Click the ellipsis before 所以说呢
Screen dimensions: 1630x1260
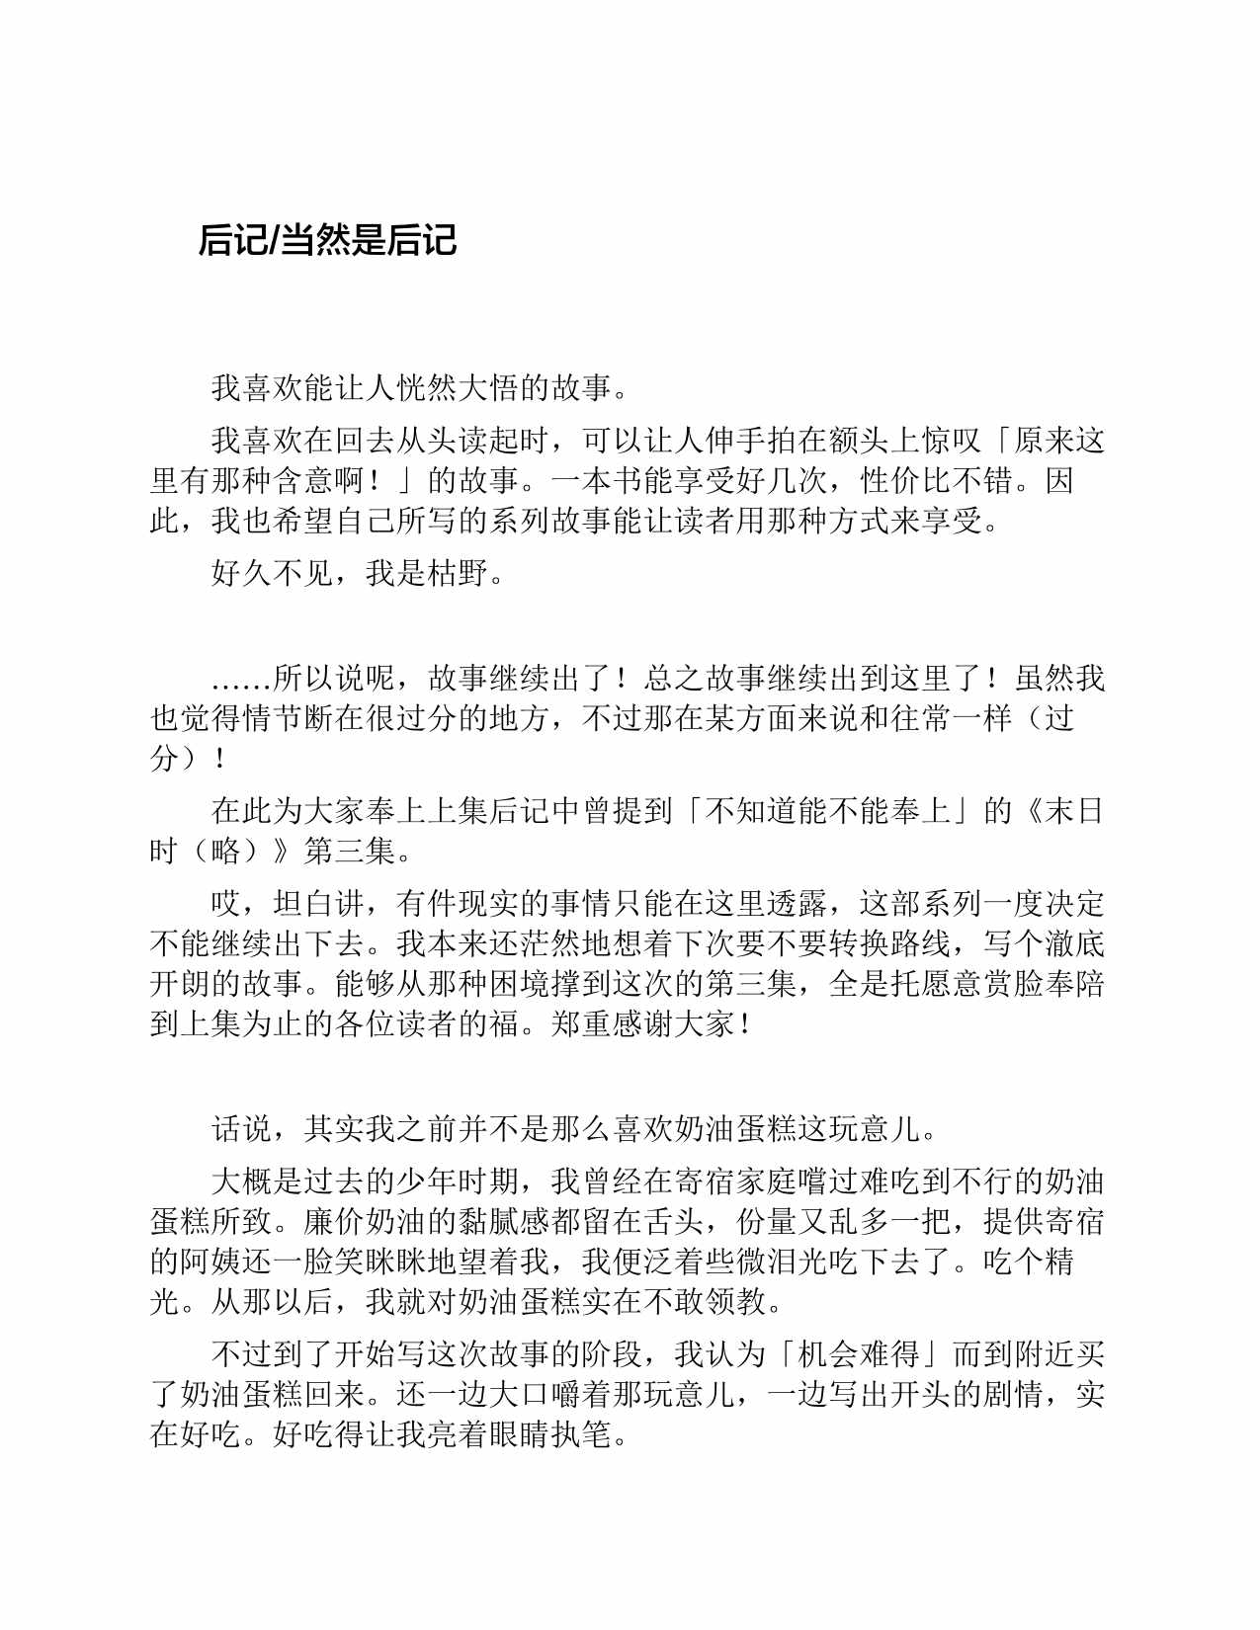pyautogui.click(x=241, y=679)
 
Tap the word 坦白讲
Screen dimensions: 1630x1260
pyautogui.click(x=302, y=904)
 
